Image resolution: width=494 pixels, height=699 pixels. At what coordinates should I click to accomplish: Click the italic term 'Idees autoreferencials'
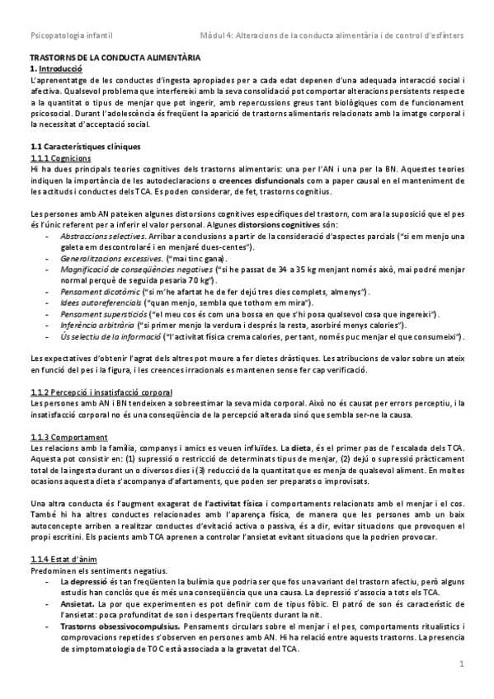pos(96,303)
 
